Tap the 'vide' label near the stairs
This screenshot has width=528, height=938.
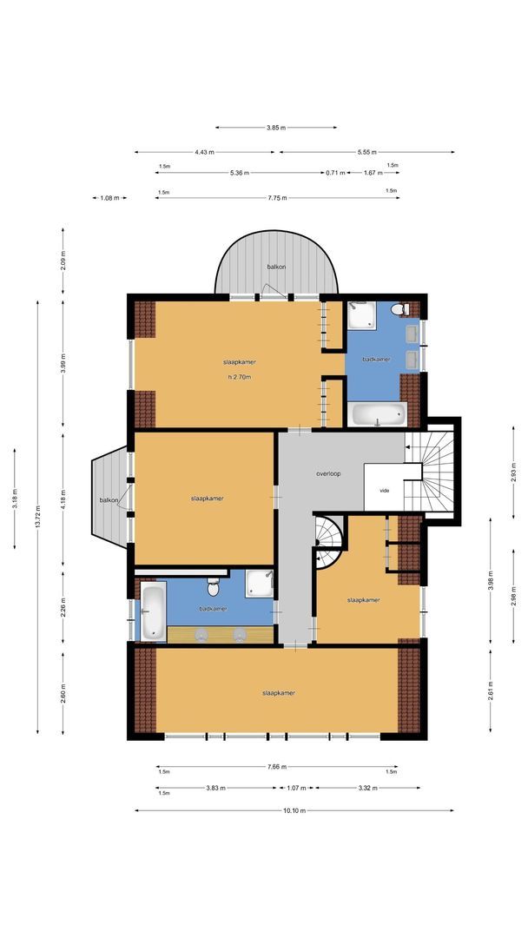385,491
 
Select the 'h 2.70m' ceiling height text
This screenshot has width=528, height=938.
239,377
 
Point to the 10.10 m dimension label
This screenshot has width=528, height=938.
294,811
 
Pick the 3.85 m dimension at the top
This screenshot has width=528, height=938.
276,128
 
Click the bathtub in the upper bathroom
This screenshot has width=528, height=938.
378,414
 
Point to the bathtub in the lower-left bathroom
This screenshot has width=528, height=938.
153,611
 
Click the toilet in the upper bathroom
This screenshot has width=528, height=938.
399,309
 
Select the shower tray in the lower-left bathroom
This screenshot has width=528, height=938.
259,584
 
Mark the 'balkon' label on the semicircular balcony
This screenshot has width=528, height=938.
276,267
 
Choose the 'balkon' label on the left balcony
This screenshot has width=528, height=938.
109,500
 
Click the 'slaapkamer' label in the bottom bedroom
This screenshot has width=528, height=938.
279,693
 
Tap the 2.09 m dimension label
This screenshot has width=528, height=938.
63,260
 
